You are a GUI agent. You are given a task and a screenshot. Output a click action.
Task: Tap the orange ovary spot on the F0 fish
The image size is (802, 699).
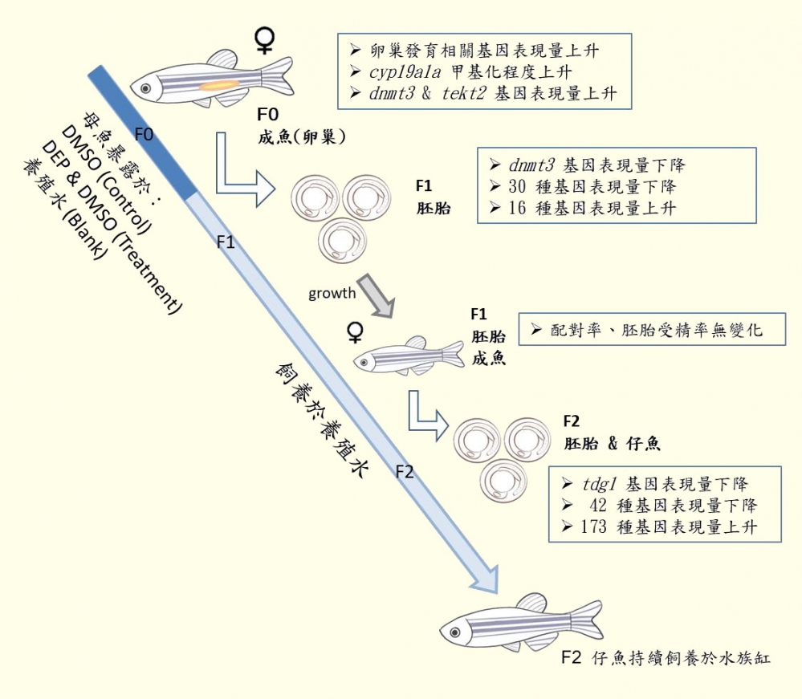click(218, 83)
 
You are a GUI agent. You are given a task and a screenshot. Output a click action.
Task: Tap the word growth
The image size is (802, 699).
click(332, 293)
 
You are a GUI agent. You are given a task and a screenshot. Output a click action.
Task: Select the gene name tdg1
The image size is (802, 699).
click(599, 485)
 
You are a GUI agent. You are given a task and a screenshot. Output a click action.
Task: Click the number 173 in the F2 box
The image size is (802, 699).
click(594, 527)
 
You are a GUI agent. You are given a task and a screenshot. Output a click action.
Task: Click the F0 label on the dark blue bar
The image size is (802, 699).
click(144, 134)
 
